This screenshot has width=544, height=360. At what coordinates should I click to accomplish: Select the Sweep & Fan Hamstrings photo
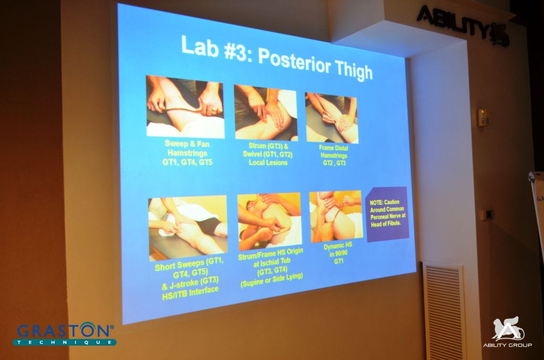[185, 107]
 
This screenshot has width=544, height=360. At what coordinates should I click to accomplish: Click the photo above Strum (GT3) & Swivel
[266, 113]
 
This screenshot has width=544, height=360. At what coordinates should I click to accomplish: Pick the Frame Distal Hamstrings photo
[331, 118]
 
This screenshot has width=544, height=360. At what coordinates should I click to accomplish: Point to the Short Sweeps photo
[188, 227]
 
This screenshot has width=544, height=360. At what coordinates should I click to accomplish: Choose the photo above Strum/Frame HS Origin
[269, 221]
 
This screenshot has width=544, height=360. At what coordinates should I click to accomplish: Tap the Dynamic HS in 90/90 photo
[336, 216]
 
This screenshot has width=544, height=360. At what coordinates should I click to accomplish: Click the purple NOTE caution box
[387, 213]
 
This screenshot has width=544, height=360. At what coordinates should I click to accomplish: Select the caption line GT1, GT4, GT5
[188, 162]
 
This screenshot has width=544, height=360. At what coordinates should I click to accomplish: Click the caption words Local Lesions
[268, 162]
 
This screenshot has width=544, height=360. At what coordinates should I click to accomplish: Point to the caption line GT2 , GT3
[334, 162]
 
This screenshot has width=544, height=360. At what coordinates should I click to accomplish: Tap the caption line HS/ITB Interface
[190, 293]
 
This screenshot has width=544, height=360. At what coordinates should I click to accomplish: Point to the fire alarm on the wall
[483, 117]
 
